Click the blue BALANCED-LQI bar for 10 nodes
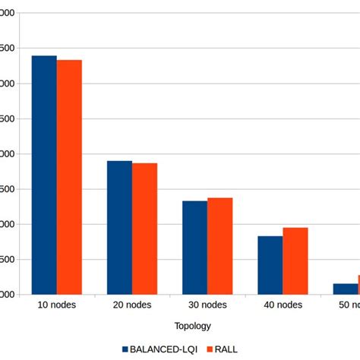44,175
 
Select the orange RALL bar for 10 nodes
69,177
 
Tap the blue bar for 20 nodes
119,227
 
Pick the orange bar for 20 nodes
144,229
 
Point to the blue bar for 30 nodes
194,248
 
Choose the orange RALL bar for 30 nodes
219,246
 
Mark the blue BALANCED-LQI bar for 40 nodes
270,265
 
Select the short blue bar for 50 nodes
345,289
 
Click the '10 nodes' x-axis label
56,305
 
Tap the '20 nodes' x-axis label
131,305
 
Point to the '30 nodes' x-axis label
207,305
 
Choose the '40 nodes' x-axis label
282,305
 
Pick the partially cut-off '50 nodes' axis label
350,305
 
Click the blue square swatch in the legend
126,349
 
